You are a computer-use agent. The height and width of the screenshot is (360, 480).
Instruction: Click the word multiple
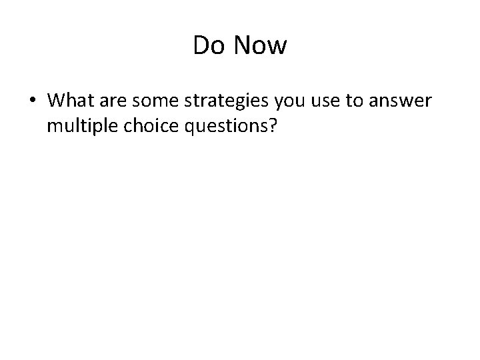click(x=79, y=125)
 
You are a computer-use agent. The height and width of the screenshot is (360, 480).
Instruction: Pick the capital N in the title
click(x=241, y=46)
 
